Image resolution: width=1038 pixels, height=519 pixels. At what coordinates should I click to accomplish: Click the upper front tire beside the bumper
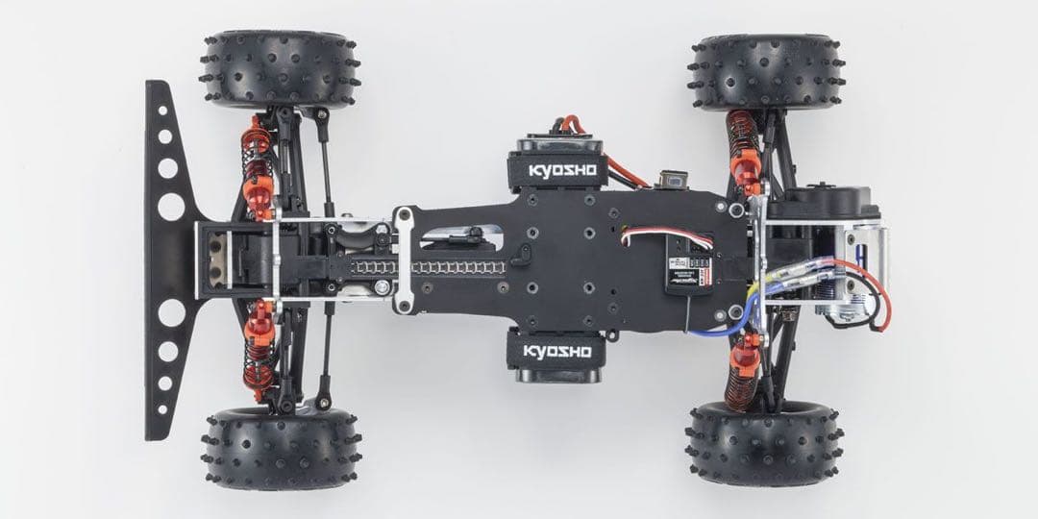pos(282,69)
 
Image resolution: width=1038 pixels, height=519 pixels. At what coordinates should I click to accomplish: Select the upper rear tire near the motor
pos(767,73)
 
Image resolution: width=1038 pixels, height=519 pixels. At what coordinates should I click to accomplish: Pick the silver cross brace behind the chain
pos(405,259)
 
